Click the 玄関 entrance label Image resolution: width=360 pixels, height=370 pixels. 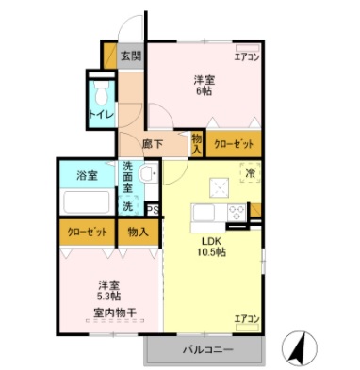131,56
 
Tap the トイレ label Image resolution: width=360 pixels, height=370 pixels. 101,114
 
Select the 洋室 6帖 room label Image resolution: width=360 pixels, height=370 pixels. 203,85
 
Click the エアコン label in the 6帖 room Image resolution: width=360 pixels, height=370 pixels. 247,57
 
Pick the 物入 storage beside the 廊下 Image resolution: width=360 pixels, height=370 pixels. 197,143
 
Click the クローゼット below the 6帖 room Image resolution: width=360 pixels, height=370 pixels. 233,143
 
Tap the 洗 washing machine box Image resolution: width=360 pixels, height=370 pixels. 127,204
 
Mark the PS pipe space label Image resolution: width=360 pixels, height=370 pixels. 153,212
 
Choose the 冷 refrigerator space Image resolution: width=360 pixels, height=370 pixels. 250,174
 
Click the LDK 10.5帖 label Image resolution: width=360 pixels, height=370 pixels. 210,246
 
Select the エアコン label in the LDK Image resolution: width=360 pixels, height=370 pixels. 246,319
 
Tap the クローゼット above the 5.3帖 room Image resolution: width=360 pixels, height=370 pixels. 87,232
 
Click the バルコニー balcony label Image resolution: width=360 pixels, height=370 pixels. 203,352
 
